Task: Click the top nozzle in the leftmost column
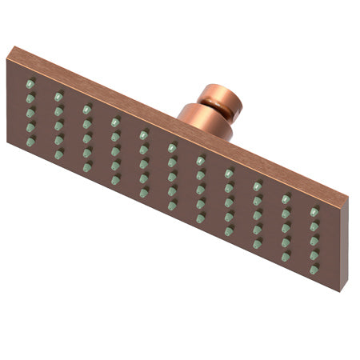[x=30, y=84]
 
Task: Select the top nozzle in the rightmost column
[x=314, y=212]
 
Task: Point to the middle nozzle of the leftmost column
[x=30, y=112]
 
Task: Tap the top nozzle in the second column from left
[x=58, y=96]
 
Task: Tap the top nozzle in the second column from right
[x=286, y=198]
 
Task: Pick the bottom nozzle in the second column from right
[x=286, y=257]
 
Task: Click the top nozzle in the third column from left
[x=86, y=109]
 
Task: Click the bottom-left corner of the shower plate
[x=8, y=142]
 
